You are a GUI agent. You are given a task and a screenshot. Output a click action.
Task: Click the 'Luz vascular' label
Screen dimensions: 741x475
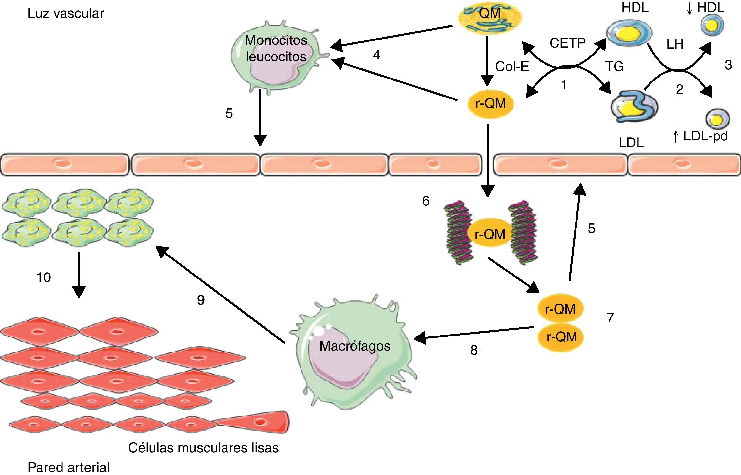click(66, 14)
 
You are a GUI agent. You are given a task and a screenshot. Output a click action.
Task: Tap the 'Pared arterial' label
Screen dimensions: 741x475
click(68, 467)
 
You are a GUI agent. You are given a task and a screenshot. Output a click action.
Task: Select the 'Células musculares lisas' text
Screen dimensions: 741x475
click(203, 448)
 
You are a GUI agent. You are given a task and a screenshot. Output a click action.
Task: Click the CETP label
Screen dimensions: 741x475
click(567, 43)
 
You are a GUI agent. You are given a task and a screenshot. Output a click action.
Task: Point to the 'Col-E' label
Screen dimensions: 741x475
click(512, 66)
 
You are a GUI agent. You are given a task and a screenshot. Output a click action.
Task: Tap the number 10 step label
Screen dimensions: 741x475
click(43, 277)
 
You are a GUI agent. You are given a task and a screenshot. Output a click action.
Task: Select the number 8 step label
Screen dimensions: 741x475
click(474, 350)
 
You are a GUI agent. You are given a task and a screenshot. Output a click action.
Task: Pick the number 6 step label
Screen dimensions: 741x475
click(426, 201)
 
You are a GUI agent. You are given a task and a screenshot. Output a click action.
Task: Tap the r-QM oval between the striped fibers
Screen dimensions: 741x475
click(490, 234)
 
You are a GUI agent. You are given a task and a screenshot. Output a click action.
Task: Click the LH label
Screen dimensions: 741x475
click(675, 44)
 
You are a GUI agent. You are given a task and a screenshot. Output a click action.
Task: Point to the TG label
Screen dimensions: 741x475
click(615, 66)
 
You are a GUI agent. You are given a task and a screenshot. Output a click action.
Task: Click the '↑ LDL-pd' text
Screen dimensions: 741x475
click(700, 136)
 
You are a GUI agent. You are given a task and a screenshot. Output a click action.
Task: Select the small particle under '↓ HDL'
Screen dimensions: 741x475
click(712, 25)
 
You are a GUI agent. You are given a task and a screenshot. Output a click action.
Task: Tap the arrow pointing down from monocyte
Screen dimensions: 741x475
click(260, 118)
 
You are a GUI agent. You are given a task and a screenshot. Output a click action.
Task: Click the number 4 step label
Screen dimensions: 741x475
click(376, 55)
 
